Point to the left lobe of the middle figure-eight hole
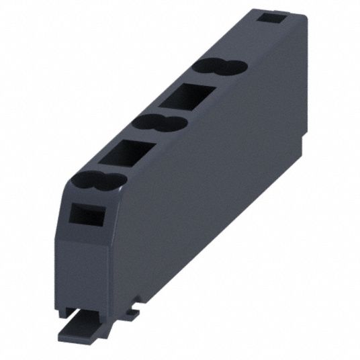tap(144, 122)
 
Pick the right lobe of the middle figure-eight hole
tap(172, 123)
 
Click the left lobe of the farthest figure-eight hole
tap(204, 66)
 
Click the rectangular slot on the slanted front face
tap(85, 215)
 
